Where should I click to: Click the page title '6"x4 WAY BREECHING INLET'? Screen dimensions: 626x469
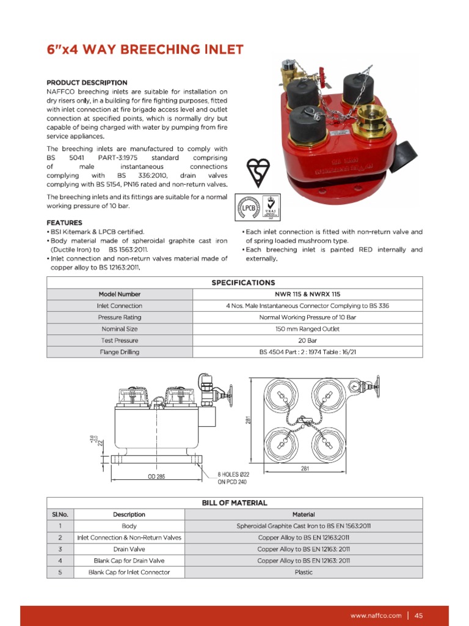click(x=145, y=50)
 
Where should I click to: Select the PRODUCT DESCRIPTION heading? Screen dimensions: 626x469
click(x=87, y=83)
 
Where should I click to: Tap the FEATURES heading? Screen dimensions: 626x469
click(x=64, y=223)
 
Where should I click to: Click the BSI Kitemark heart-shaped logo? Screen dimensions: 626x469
click(x=257, y=173)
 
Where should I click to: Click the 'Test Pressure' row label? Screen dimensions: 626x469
click(x=120, y=341)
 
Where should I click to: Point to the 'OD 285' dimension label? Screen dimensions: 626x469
click(x=156, y=476)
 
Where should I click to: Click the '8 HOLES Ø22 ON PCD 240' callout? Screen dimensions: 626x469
click(x=231, y=477)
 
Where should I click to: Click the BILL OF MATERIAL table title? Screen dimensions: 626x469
click(x=234, y=503)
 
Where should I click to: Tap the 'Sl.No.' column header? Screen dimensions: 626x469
click(x=60, y=514)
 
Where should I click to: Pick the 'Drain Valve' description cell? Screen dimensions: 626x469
click(x=129, y=549)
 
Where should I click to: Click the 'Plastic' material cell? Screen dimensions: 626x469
click(x=304, y=572)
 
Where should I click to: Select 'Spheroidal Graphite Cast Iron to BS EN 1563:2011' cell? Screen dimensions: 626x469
click(x=304, y=526)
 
